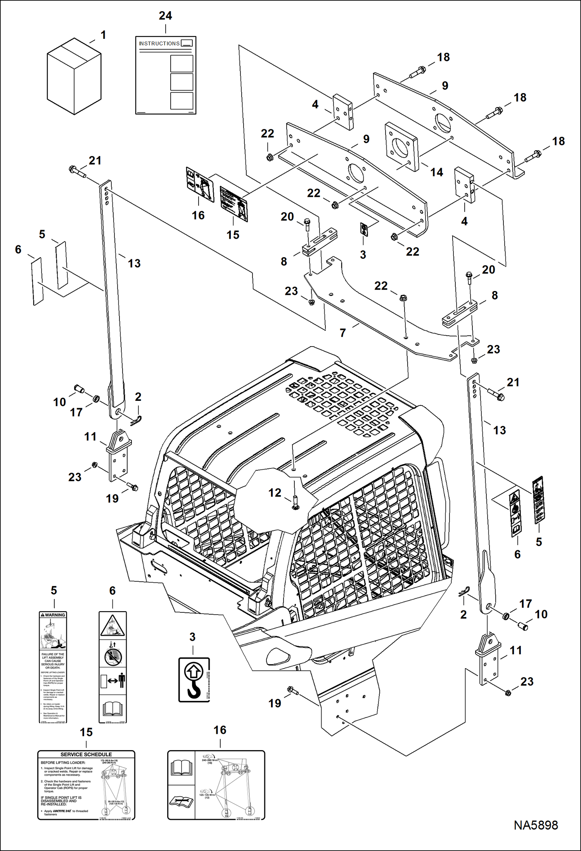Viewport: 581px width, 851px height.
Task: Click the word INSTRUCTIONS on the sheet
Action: [x=159, y=43]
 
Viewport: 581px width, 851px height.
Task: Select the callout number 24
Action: [x=165, y=16]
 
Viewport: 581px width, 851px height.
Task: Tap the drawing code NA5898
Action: [x=536, y=825]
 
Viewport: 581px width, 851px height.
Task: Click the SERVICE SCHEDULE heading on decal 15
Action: [x=86, y=754]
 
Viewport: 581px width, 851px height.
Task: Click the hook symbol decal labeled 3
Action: [x=194, y=679]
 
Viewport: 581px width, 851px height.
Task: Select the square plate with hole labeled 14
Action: [x=401, y=147]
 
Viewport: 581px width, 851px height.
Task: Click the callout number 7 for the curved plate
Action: [x=342, y=333]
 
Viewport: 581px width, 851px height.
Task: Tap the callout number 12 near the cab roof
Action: [x=275, y=492]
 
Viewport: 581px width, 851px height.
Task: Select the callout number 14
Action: [x=436, y=172]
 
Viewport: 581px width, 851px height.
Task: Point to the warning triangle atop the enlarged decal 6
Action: [x=112, y=626]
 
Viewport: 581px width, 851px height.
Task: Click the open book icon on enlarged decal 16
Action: [x=182, y=768]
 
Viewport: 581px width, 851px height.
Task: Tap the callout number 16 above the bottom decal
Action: [x=220, y=730]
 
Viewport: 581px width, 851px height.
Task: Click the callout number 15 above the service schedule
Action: [x=86, y=732]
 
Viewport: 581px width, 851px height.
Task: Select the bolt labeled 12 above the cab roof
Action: [x=295, y=502]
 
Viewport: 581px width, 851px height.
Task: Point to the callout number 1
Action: [x=103, y=35]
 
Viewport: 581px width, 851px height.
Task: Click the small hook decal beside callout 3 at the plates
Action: [x=364, y=229]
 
